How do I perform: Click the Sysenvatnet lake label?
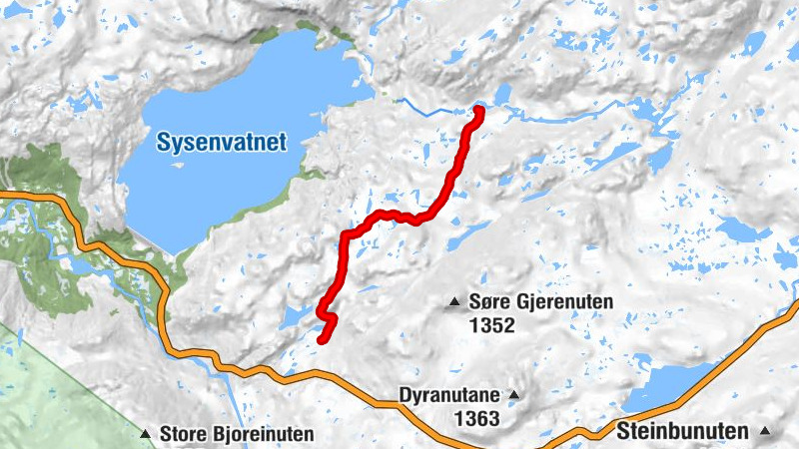(x=221, y=143)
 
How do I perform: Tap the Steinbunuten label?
(x=682, y=431)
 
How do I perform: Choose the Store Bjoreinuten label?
(x=236, y=434)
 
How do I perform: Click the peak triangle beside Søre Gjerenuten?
(x=455, y=301)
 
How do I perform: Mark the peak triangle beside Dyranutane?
(x=514, y=394)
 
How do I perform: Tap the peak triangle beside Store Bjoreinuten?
(x=146, y=434)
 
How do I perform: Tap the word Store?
(x=182, y=434)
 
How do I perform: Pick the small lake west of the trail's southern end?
(x=296, y=317)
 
